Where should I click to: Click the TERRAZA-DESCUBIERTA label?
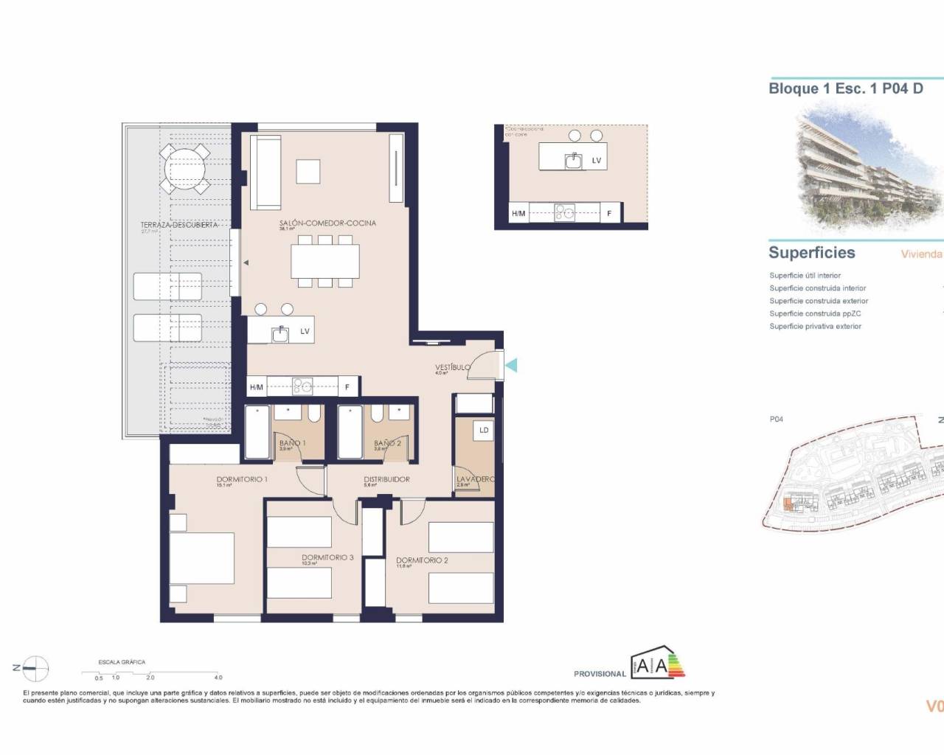point(179,225)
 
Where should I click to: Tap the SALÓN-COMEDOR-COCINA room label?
point(327,223)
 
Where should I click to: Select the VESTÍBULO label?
point(452,367)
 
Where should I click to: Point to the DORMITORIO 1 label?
point(242,479)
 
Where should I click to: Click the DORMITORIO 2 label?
point(422,560)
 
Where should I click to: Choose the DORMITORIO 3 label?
point(327,557)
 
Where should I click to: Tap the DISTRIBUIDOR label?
point(386,479)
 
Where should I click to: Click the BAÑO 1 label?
point(292,443)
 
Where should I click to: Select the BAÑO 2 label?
point(387,443)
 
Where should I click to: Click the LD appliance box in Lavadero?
point(484,430)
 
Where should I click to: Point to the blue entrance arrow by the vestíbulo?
point(511,364)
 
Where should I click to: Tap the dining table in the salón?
point(325,260)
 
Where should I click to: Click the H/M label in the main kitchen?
point(257,386)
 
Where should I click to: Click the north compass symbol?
point(35,668)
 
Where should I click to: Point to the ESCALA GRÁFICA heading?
point(122,662)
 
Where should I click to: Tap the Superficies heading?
point(811,253)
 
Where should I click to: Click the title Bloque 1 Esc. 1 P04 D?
point(845,88)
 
